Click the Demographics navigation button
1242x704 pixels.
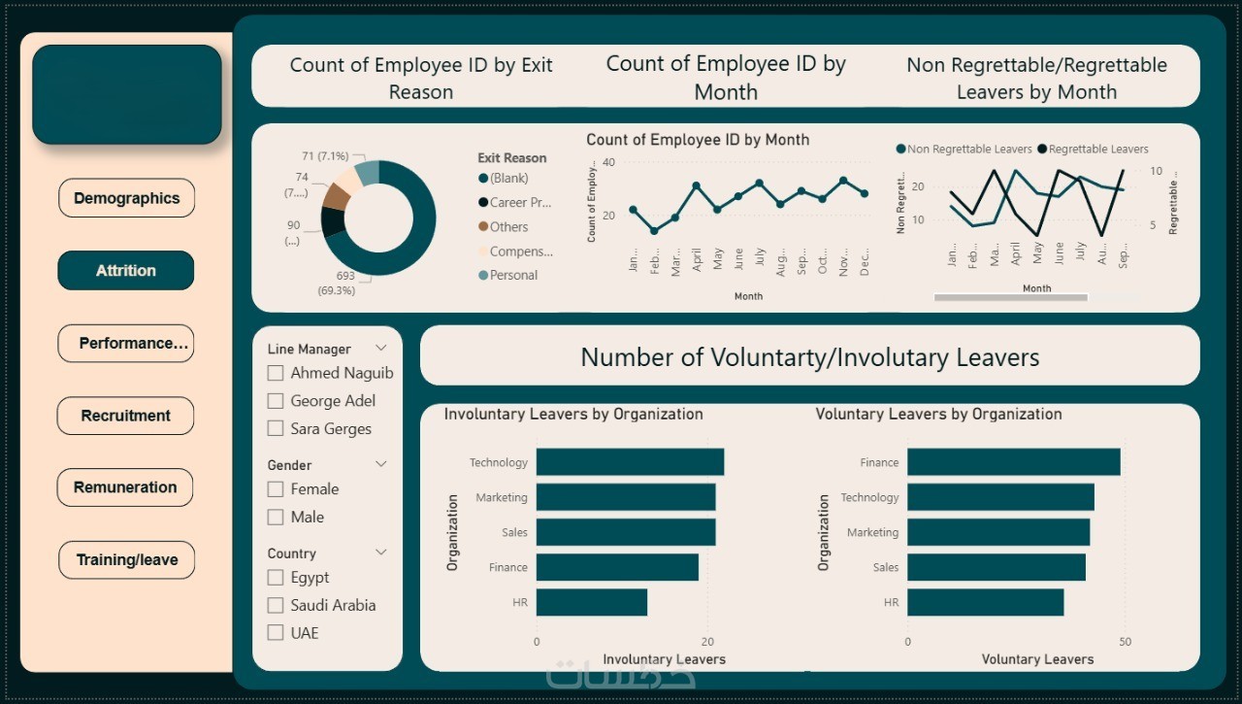point(126,198)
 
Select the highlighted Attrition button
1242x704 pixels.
point(126,271)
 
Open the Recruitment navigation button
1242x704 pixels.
point(126,416)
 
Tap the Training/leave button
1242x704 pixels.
point(126,560)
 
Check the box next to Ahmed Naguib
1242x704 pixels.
point(276,373)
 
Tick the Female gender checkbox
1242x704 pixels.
point(276,489)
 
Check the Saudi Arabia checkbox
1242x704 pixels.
point(276,605)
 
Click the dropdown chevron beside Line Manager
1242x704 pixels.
point(381,348)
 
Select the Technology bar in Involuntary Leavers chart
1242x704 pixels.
point(630,462)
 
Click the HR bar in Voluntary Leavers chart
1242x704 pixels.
point(985,602)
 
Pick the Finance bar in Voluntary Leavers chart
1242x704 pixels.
point(1013,462)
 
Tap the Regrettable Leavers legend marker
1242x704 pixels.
point(1043,150)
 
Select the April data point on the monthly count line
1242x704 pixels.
point(697,184)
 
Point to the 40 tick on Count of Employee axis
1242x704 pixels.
point(608,162)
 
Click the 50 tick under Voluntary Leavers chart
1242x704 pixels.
point(1125,642)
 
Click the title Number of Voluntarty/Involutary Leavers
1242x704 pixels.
point(809,357)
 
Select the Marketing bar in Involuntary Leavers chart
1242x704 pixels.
point(626,497)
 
